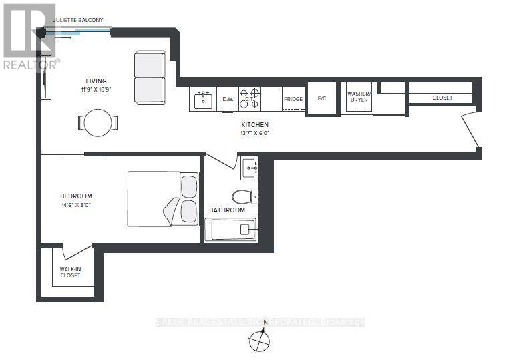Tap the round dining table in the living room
pos(98,122)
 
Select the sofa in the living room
pos(150,77)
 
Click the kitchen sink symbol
pos(202,100)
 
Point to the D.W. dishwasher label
pos(228,100)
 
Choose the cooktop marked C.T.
pos(250,99)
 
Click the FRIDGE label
pos(293,99)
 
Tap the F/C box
pos(321,98)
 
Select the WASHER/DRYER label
pos(359,96)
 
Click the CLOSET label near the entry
pos(442,98)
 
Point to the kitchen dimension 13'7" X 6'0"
pos(255,133)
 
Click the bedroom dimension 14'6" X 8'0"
pos(75,205)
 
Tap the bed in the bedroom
pos(163,198)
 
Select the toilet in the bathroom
pos(244,196)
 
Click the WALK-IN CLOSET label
pos(70,272)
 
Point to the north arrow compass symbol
pos(259,341)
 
